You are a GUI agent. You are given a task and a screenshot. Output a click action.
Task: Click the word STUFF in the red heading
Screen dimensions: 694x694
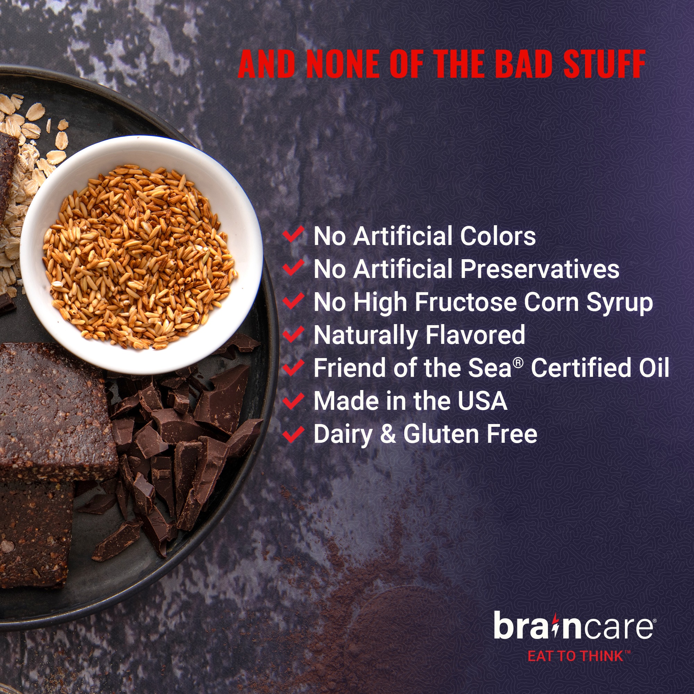pyautogui.click(x=604, y=64)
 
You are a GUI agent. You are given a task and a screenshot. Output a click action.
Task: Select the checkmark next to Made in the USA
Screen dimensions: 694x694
pyautogui.click(x=293, y=400)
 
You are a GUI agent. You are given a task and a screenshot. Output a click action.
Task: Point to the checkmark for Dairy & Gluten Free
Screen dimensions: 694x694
pyautogui.click(x=293, y=433)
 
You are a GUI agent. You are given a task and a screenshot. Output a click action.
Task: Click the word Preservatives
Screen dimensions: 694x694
pyautogui.click(x=540, y=269)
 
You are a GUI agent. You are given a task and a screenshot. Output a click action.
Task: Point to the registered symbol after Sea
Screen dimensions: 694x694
pyautogui.click(x=518, y=363)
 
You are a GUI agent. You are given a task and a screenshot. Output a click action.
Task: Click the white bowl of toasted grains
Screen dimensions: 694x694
pyautogui.click(x=141, y=255)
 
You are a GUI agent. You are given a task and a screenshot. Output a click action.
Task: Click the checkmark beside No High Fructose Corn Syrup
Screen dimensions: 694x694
pyautogui.click(x=293, y=301)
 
